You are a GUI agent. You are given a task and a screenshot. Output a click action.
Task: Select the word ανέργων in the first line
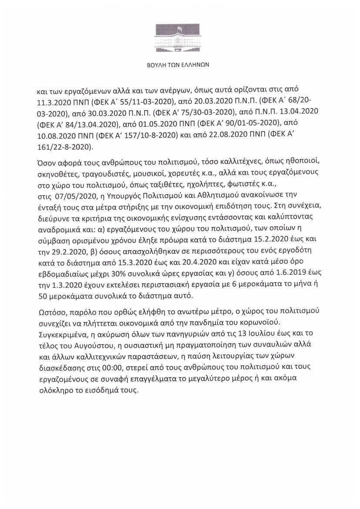[x=163, y=92]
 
